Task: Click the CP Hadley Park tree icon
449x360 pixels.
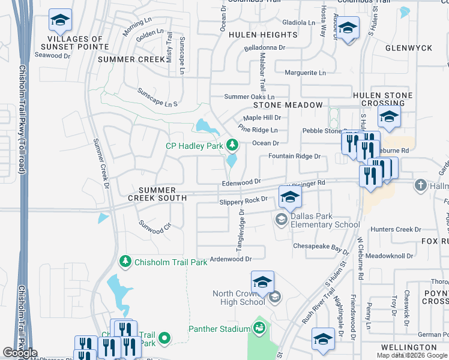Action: coord(232,145)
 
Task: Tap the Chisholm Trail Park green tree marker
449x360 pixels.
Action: coord(125,262)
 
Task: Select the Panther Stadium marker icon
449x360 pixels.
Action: coord(259,328)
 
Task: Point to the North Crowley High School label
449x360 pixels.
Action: coord(238,298)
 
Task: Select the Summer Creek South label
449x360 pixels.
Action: coord(157,194)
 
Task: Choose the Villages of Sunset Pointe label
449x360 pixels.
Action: coord(72,43)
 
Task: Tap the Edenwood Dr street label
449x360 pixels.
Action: coord(242,181)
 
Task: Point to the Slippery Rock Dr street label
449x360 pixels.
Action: coord(243,200)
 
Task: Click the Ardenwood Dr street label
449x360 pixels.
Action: coord(229,259)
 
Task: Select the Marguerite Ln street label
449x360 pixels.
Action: coord(305,73)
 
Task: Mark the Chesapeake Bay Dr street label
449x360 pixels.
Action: coord(321,247)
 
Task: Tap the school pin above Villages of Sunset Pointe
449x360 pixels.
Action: coord(60,21)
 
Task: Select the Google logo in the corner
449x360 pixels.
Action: coord(20,353)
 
